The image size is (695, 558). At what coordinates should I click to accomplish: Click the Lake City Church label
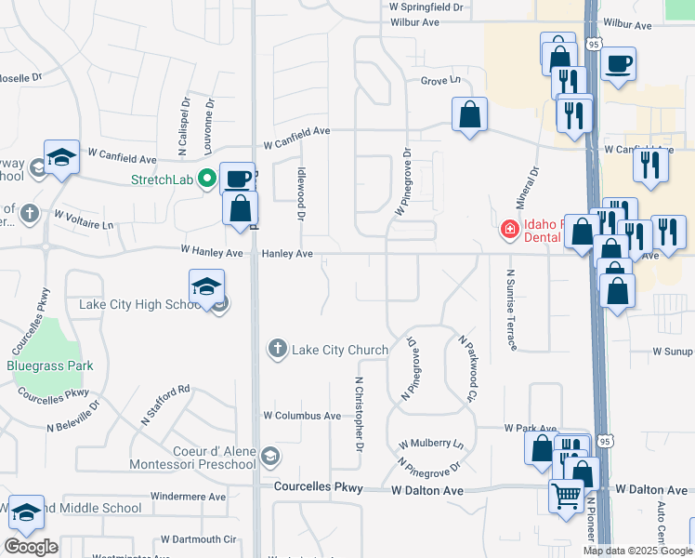pos(340,350)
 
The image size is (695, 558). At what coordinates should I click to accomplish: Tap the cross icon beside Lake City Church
pos(277,350)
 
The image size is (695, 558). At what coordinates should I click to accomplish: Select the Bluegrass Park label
pos(50,365)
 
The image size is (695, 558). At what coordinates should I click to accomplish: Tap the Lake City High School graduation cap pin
pos(206,286)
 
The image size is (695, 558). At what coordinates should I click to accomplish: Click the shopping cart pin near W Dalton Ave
pos(566,495)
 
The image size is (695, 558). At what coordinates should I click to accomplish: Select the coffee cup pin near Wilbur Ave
pos(618,64)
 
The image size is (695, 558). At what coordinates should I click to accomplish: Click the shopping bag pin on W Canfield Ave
pos(470,115)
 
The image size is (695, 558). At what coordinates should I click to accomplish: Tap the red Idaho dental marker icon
pos(509,229)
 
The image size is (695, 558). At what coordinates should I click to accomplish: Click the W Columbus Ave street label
pos(302,416)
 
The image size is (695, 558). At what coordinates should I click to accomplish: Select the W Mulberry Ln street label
pos(431,445)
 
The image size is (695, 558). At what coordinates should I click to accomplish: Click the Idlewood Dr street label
pos(301,193)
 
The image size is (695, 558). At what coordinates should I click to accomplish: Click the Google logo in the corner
pos(31,546)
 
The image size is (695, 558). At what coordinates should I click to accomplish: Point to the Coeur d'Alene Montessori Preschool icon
pos(269,455)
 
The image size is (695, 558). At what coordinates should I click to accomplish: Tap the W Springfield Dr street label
pos(426,7)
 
